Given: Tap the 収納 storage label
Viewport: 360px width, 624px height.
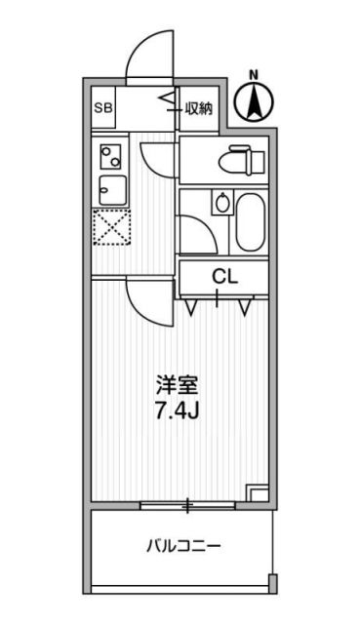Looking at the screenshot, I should tap(198, 108).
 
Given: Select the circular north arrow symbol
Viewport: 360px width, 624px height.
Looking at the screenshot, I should tap(254, 100).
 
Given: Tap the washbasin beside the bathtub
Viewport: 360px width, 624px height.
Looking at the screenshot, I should tap(221, 204).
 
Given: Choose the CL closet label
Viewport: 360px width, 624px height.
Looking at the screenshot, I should tap(225, 276).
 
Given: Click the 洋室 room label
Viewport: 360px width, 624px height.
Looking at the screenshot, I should tap(177, 383).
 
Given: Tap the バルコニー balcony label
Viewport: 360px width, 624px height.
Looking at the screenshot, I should tap(182, 545).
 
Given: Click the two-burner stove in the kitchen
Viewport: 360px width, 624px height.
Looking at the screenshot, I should tap(109, 153).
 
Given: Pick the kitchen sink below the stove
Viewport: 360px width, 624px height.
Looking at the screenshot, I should tap(109, 189).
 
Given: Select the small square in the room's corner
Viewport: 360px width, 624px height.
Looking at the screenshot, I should tap(258, 492).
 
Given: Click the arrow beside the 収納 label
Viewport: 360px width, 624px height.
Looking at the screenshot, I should tap(169, 100).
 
